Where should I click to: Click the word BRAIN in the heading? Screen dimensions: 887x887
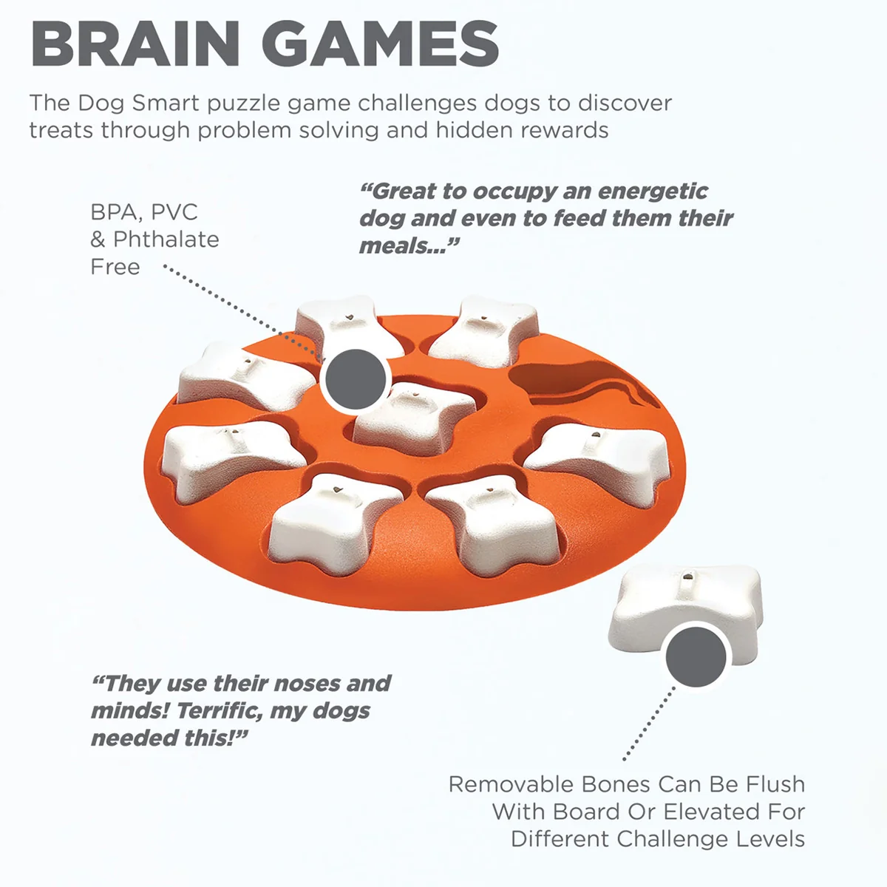pos(135,44)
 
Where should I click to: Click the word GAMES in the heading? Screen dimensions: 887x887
pos(380,44)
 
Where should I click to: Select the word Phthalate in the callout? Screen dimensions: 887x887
pos(166,239)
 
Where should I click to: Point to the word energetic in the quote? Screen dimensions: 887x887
pos(653,191)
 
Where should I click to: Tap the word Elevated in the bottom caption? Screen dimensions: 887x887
pos(711,812)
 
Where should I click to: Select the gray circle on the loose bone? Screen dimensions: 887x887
pos(696,657)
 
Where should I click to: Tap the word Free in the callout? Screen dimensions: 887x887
pos(115,267)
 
